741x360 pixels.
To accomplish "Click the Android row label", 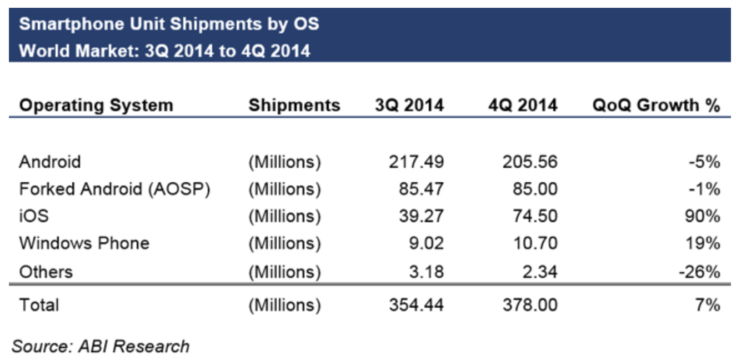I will pos(50,162).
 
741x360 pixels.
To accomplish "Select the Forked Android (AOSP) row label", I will pos(115,189).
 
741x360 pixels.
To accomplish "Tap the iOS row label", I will pos(34,216).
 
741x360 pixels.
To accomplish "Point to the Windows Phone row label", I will pos(84,243).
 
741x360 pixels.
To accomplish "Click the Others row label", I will pos(46,272).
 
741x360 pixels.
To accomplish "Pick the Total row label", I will pos(39,304).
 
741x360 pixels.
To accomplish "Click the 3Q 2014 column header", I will pos(409,105).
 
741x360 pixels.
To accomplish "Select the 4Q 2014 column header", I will pos(522,105).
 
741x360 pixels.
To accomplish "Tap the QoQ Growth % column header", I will pos(656,105).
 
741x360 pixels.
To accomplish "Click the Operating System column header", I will pos(96,105).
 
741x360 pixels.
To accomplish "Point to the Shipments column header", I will pos(294,105).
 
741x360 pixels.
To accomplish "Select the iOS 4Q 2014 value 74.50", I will pos(534,216).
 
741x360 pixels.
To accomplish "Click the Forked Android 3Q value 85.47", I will pos(421,189).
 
